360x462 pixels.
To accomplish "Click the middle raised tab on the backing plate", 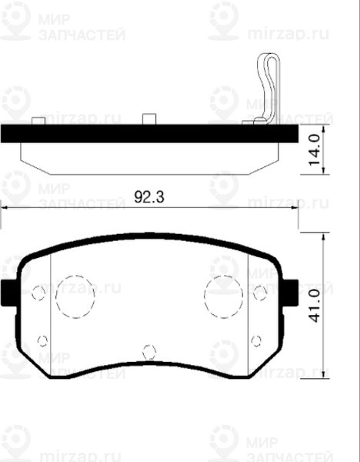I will pyautogui.click(x=149, y=119).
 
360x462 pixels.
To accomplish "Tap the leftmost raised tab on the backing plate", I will pyautogui.click(x=38, y=121).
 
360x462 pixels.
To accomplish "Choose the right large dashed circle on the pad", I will pyautogui.click(x=223, y=296).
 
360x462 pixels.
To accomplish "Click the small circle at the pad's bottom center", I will pyautogui.click(x=149, y=353).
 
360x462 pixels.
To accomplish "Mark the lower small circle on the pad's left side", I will pyautogui.click(x=43, y=340).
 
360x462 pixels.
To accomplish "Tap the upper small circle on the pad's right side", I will pyautogui.click(x=260, y=292).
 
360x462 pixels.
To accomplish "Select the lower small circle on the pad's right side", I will pyautogui.click(x=256, y=340).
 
